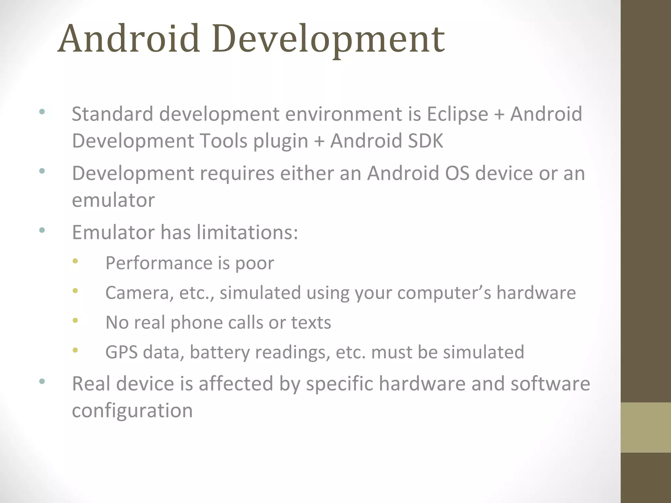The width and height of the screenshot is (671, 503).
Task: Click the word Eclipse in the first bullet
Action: coord(457,114)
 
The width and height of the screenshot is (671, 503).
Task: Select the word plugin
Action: coord(281,141)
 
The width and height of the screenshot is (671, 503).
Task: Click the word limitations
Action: coord(247,233)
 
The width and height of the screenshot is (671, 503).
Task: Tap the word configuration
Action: coord(132,411)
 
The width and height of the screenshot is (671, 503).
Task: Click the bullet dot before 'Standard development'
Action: coord(42,112)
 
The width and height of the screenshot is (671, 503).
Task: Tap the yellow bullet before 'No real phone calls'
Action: coord(75,320)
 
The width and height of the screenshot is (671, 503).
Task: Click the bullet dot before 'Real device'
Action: coord(42,381)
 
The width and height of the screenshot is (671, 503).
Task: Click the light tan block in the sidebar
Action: coord(645,427)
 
